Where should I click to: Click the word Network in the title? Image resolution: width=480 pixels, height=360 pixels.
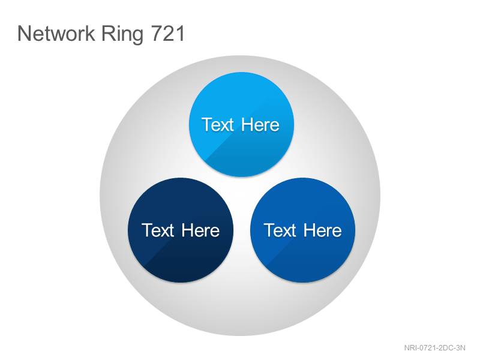tap(56, 33)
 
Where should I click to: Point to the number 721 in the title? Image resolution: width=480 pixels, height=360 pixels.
tap(168, 33)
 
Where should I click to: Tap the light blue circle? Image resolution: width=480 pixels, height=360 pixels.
tap(242, 125)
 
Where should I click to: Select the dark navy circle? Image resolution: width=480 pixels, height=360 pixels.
tap(181, 230)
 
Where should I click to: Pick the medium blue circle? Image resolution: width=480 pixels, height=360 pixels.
tap(303, 230)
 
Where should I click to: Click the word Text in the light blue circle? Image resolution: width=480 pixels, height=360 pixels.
tap(218, 125)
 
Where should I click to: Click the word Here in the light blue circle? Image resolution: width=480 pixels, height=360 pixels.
tap(260, 125)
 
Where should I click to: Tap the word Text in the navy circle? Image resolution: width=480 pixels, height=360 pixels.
tap(158, 230)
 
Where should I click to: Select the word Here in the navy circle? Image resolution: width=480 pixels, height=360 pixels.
tap(200, 230)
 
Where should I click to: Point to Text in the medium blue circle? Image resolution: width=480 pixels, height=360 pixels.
tap(280, 230)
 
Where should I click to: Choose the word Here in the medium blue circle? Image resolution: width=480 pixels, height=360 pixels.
tap(323, 230)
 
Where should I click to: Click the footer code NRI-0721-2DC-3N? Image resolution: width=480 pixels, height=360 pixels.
tap(434, 348)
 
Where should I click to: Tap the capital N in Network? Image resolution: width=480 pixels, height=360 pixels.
tap(25, 33)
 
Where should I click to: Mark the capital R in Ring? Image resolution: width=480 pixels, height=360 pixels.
tap(109, 33)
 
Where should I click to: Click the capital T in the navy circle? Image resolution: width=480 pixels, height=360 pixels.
tap(147, 230)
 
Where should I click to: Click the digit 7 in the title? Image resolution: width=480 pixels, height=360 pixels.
tap(157, 33)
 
